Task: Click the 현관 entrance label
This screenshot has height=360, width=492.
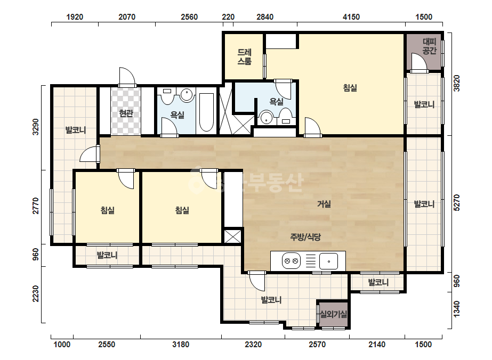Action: click(x=126, y=113)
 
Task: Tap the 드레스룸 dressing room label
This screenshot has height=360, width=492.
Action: click(x=244, y=57)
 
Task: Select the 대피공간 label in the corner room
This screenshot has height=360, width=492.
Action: click(x=429, y=46)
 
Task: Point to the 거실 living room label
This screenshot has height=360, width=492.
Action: click(x=324, y=204)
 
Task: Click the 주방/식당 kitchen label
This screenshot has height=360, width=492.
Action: click(x=305, y=237)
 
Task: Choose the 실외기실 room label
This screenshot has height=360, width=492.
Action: click(x=333, y=314)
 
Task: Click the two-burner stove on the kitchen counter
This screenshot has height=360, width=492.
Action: click(x=291, y=260)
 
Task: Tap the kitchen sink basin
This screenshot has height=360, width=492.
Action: click(x=328, y=261)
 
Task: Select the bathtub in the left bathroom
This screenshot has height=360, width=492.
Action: click(x=206, y=112)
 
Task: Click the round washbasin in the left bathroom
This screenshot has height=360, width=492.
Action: click(x=187, y=94)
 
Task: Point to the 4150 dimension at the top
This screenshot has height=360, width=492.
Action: click(x=351, y=17)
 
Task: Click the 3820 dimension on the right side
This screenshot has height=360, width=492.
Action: click(x=457, y=83)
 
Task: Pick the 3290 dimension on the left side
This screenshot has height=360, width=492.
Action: click(x=36, y=127)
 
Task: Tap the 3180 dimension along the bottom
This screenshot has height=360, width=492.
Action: click(x=181, y=345)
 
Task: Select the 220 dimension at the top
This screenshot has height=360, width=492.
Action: click(x=228, y=17)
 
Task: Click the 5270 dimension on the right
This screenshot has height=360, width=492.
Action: click(x=457, y=202)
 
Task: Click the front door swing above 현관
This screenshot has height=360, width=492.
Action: click(x=127, y=77)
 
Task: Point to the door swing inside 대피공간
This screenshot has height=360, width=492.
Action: click(x=419, y=63)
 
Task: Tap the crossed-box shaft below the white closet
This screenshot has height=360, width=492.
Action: click(x=233, y=236)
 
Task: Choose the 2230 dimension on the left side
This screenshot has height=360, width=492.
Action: click(x=36, y=293)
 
